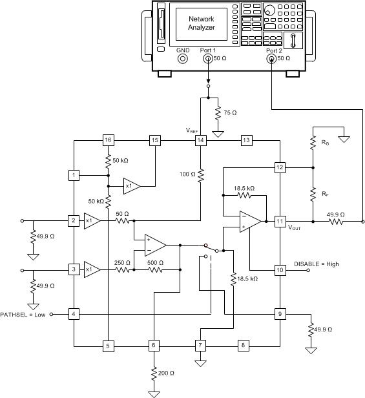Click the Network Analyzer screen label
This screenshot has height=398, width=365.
[200, 23]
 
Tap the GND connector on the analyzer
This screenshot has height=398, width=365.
[183, 59]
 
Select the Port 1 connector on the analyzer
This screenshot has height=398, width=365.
[208, 59]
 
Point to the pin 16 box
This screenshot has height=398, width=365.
[107, 140]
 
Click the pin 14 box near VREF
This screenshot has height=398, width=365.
[201, 140]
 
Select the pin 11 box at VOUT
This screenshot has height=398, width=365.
[280, 220]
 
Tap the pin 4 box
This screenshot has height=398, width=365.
[75, 314]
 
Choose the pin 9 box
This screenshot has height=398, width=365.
[280, 314]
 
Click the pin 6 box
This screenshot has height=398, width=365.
[154, 345]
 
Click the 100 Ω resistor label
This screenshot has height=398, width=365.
[186, 174]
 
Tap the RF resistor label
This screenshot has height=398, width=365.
[325, 192]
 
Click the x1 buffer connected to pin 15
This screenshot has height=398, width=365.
[131, 185]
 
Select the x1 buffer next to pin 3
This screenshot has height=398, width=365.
[91, 269]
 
